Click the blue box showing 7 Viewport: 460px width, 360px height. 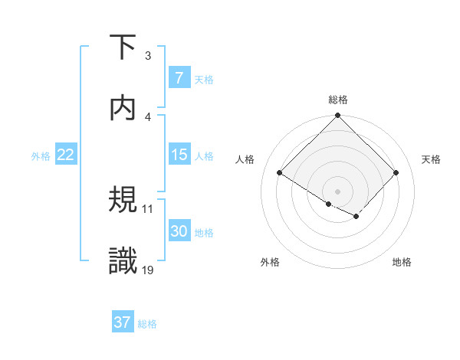click(x=179, y=78)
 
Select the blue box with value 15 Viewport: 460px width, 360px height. click(x=179, y=155)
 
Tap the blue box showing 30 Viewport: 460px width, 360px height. click(x=179, y=231)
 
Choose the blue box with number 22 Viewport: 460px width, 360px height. click(x=66, y=155)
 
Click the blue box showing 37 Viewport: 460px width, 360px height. click(x=123, y=322)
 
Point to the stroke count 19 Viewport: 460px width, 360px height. click(x=148, y=270)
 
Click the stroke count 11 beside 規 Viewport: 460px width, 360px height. click(x=148, y=208)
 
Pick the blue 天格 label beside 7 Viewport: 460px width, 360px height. click(x=204, y=79)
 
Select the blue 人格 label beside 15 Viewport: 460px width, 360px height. click(x=204, y=155)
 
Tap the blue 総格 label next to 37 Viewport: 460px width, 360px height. click(x=147, y=323)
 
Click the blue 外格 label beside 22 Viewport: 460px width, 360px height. click(x=41, y=155)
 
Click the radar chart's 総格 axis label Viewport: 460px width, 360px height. click(x=338, y=100)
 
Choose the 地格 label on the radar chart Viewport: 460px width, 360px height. click(x=402, y=262)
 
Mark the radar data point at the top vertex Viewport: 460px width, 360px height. click(x=338, y=116)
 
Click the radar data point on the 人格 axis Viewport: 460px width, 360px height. click(x=280, y=173)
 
